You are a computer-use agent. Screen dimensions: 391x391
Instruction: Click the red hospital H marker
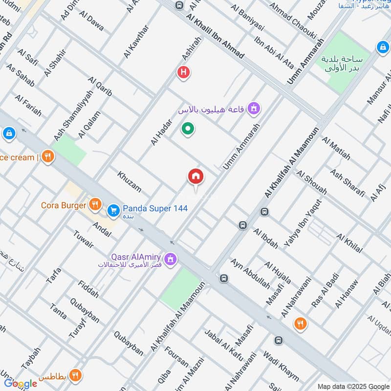pos(183,73)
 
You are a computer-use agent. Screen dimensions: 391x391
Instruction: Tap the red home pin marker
pos(196,176)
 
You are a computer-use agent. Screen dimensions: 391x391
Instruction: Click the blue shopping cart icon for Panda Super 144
pos(113,210)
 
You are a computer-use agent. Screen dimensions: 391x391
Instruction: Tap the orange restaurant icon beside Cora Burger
pos(95,205)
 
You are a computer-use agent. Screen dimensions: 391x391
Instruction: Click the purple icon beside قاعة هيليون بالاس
pos(253,108)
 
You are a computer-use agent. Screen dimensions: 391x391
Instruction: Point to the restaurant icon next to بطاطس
pos(75,375)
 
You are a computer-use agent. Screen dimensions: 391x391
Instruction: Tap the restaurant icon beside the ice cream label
pos(47,156)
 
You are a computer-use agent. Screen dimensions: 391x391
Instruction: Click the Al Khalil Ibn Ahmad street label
pos(215,36)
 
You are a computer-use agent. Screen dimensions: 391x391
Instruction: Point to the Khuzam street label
pos(129,181)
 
